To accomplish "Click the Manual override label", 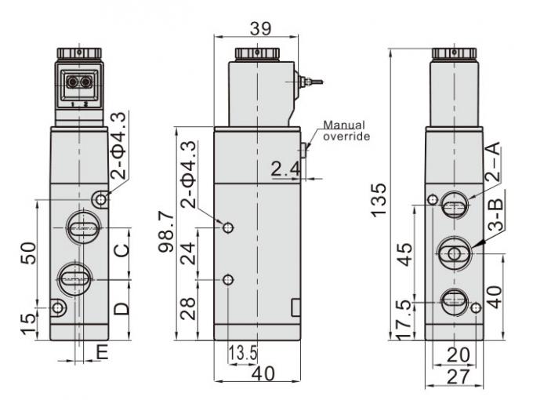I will pyautogui.click(x=346, y=130).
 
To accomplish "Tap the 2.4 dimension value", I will pyautogui.click(x=286, y=168).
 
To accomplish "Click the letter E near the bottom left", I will pyautogui.click(x=101, y=352).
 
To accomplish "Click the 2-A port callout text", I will pyautogui.click(x=491, y=163).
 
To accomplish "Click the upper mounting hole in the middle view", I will pyautogui.click(x=228, y=227).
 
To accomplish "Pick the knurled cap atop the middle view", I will pyautogui.click(x=256, y=53).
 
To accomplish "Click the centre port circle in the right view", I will pyautogui.click(x=453, y=253).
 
